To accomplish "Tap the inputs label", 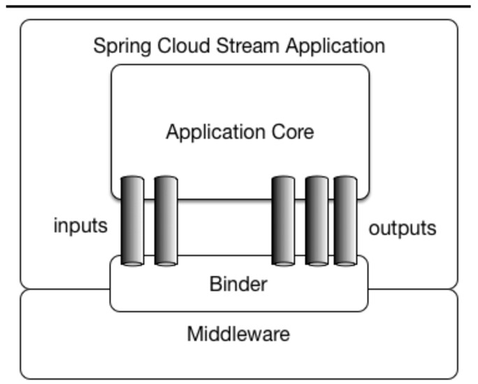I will tap(80, 226).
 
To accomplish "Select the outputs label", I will tap(402, 228).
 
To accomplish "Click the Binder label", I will tap(238, 284).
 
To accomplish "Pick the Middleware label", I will tap(238, 334).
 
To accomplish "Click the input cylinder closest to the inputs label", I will tap(133, 221).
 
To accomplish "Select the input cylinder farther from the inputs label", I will tap(166, 221).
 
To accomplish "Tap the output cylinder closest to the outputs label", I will tap(345, 221).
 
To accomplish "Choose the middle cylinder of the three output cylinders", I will tap(317, 221).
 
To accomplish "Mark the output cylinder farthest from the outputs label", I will tap(283, 221).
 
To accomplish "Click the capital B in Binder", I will tap(215, 284).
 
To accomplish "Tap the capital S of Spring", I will tap(99, 46).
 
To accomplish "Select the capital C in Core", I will tap(278, 131).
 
